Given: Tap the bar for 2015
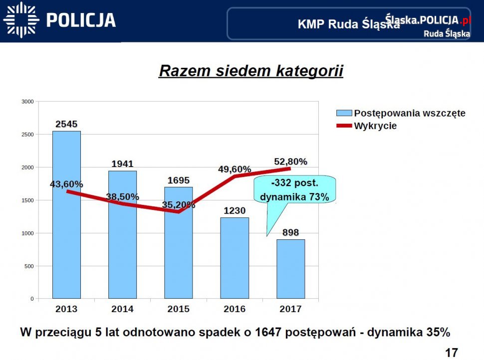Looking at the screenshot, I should (x=179, y=249).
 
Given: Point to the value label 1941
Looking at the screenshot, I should (x=122, y=164).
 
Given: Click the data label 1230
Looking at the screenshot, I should (x=235, y=210).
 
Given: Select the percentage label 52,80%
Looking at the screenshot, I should (x=290, y=162).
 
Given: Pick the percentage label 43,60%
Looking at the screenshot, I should (x=66, y=184).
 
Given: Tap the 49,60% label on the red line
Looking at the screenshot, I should (x=235, y=169).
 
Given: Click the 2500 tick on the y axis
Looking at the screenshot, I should (x=27, y=135).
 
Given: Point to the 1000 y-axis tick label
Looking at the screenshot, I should (x=27, y=233).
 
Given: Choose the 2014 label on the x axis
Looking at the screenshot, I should (x=122, y=309).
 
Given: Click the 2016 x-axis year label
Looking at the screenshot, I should (x=235, y=309).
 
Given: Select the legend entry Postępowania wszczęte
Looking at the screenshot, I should (x=409, y=113).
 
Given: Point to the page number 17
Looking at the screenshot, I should (x=451, y=353).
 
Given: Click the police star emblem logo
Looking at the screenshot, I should (x=20, y=20).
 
